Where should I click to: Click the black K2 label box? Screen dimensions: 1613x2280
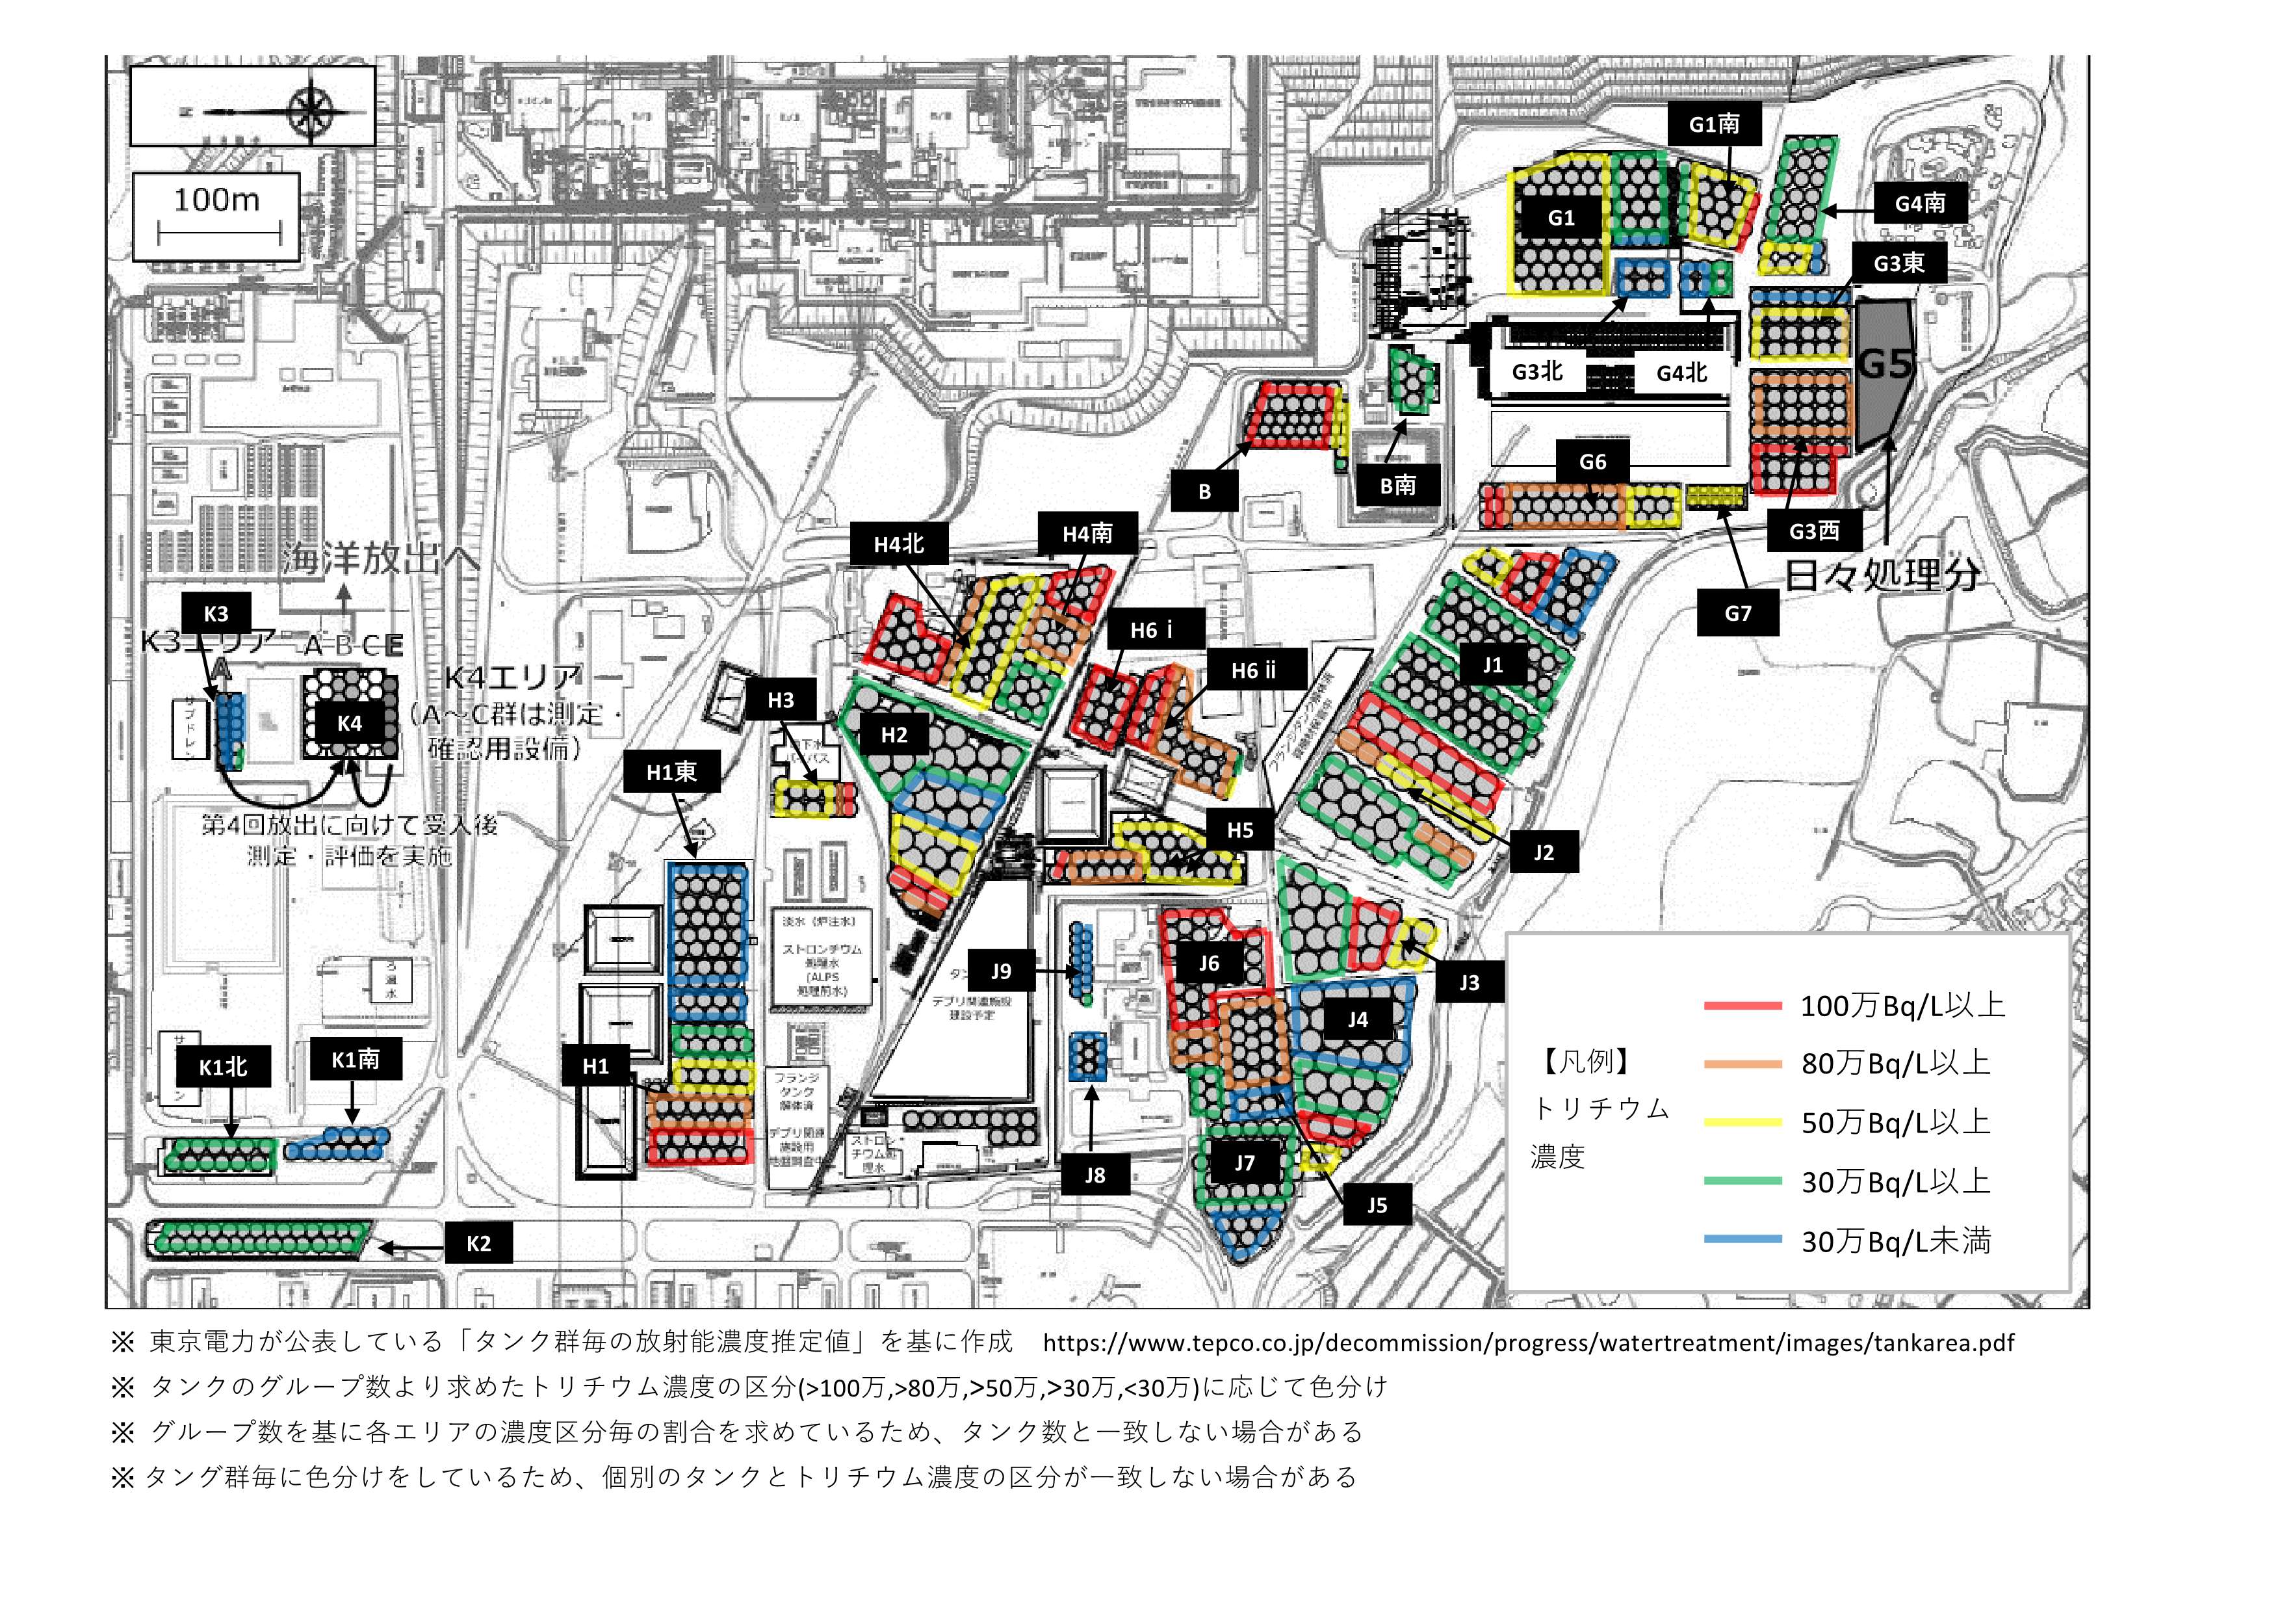tap(478, 1244)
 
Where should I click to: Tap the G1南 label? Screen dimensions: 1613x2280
tap(1714, 124)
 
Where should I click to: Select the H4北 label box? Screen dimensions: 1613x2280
tap(899, 544)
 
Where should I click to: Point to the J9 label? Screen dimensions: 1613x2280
tap(1001, 971)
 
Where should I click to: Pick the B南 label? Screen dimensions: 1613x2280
tap(1397, 485)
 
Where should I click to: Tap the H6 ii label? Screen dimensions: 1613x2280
tap(1253, 672)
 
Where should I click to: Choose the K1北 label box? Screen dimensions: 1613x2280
tap(222, 1067)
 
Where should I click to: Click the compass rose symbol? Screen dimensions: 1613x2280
tap(311, 106)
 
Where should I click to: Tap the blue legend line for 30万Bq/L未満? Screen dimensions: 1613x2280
tap(1742, 1240)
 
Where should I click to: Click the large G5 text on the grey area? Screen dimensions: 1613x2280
tap(1884, 365)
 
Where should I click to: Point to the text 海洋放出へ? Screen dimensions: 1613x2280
tap(380, 558)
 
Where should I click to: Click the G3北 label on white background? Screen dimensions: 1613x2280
tap(1537, 371)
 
